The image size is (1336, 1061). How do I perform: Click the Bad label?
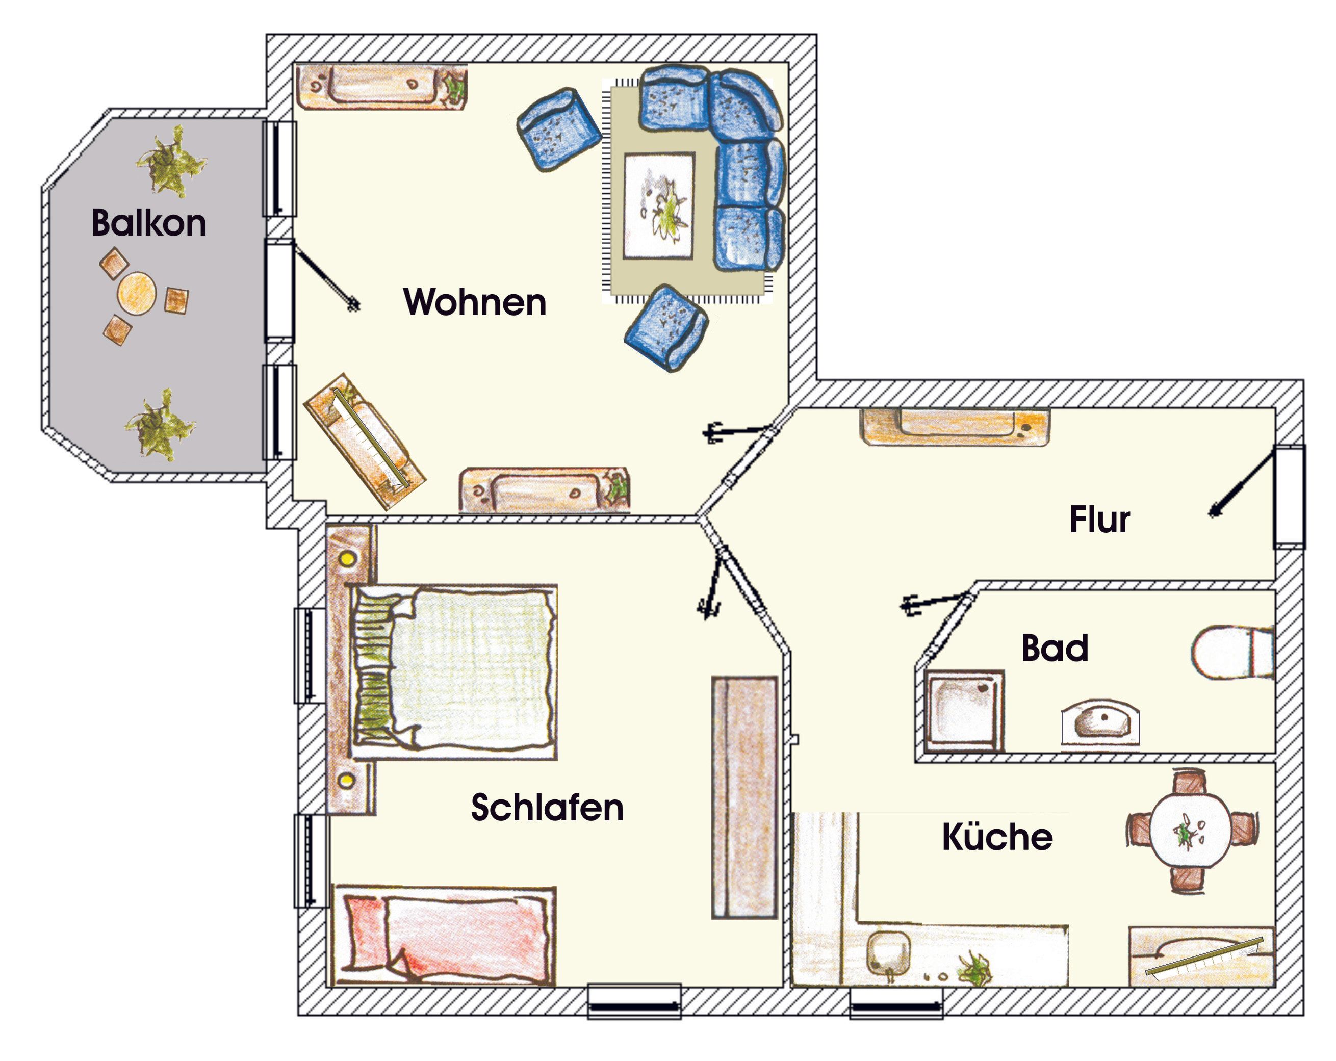[1055, 648]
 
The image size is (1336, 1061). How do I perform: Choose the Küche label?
[997, 836]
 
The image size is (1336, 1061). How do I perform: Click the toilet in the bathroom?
[1232, 653]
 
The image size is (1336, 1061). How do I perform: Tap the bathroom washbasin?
[1100, 722]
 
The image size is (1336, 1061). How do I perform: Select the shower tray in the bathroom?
[964, 711]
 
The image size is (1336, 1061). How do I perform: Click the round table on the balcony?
[136, 294]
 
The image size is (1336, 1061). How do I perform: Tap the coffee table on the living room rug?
[659, 205]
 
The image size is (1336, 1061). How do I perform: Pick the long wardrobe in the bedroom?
[744, 797]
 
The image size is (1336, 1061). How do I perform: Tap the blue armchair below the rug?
[666, 328]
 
